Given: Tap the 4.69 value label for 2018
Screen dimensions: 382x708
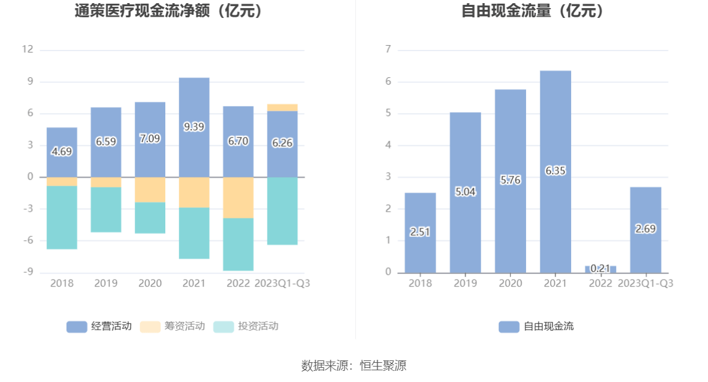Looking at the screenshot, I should pos(62,151).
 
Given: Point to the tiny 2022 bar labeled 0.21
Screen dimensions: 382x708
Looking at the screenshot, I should pos(600,269).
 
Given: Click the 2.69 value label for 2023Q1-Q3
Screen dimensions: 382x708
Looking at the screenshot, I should pos(645,228).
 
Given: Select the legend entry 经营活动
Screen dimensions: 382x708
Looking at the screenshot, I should pos(99,326).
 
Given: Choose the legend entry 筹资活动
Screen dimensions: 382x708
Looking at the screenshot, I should pos(172,326).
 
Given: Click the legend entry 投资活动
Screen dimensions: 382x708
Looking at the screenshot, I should pos(245,326).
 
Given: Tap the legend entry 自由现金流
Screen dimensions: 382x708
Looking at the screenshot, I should pos(536,326).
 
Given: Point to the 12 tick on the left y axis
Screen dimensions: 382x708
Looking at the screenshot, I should pos(27,50).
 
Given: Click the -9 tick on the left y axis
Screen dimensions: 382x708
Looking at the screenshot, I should pos(27,272).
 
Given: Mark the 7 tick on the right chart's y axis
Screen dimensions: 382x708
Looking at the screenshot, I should pos(388,50).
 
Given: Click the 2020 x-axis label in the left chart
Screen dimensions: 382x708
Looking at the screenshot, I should pos(150,283).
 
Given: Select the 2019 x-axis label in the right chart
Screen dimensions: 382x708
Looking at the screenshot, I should pos(465,283).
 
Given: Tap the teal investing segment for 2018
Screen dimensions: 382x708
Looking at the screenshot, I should pos(62,217).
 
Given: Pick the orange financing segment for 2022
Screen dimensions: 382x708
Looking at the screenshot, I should pos(238,197).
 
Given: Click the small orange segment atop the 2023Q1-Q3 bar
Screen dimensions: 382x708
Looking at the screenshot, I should pos(282,107).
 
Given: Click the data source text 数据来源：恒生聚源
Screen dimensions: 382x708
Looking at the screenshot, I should pos(353,365).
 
